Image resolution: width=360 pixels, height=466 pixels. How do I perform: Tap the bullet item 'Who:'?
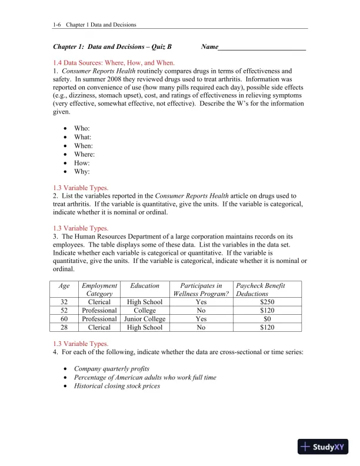[x=82, y=128]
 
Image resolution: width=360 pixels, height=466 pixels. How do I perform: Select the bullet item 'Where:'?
[x=84, y=154]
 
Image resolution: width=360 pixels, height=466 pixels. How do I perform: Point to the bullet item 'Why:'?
[x=82, y=172]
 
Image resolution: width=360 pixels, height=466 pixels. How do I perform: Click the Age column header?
[x=64, y=285]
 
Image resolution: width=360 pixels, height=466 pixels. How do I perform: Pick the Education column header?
[x=145, y=285]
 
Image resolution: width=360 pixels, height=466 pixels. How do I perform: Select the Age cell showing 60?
[x=64, y=319]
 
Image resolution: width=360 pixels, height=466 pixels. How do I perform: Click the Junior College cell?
[x=145, y=319]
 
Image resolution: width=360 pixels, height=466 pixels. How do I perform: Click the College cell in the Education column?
[x=145, y=311]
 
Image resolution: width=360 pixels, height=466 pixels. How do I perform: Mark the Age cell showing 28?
[x=64, y=327]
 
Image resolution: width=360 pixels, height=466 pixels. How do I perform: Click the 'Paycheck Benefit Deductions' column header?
[x=260, y=289]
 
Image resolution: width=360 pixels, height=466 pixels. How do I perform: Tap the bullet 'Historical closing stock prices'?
[x=116, y=386]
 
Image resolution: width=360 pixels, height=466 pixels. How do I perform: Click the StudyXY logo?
[x=323, y=447]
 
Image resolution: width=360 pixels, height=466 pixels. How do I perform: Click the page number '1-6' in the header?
[x=57, y=25]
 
